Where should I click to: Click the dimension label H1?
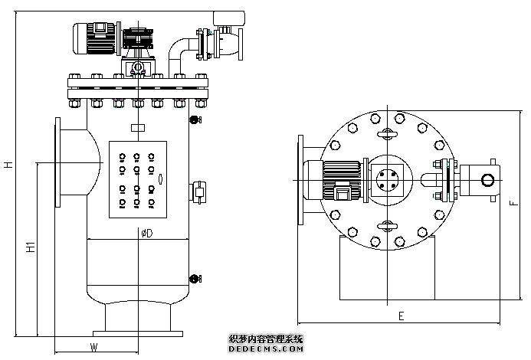30,247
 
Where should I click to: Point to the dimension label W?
93,347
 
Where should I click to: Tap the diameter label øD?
146,233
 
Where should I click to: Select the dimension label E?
401,316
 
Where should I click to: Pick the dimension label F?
513,203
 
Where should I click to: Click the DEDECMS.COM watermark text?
266,349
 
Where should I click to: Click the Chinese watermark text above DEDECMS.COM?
266,338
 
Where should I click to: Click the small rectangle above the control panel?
138,128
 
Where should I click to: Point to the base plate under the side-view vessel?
138,333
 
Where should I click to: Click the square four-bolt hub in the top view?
387,179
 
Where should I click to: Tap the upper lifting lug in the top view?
388,133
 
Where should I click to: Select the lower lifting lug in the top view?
388,225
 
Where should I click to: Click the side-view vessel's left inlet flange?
58,162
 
